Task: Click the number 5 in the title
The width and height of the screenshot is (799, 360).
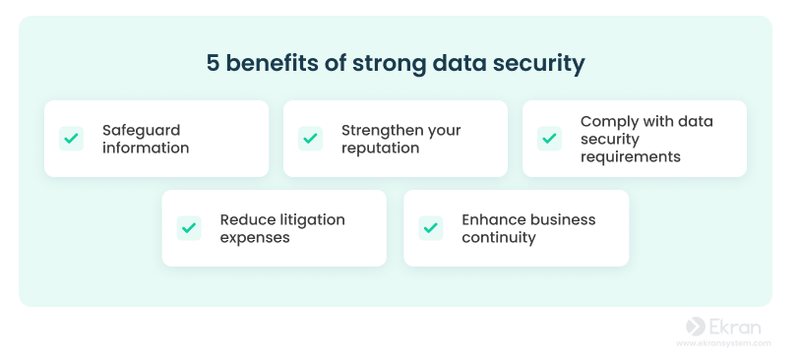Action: point(213,63)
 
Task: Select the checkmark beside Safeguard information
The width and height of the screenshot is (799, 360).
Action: point(71,139)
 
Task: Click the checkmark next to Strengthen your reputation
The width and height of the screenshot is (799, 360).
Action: point(310,139)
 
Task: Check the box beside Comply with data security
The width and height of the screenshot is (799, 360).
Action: point(549,139)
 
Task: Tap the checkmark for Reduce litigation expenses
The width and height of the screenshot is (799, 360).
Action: point(189,228)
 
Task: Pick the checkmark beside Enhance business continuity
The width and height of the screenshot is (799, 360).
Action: point(431,228)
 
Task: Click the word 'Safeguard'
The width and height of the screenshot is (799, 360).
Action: point(141,131)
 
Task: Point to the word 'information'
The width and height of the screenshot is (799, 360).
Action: point(146,149)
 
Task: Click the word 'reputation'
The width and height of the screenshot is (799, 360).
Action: point(380,149)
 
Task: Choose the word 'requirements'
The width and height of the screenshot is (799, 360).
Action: point(631,157)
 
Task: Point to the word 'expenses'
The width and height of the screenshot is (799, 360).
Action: point(255,238)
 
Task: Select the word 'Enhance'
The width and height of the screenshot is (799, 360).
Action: point(493,220)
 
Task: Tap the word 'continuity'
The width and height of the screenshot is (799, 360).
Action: point(499,238)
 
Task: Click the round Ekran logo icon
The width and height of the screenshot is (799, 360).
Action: point(696,327)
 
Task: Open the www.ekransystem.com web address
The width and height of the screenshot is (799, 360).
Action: point(723,343)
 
